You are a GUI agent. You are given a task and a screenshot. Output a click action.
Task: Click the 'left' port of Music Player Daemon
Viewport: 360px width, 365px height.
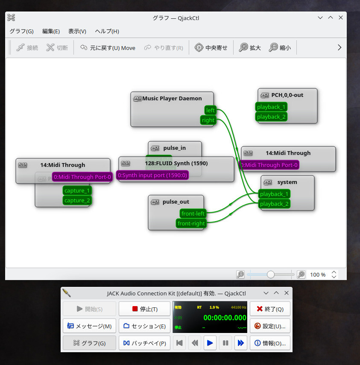210,110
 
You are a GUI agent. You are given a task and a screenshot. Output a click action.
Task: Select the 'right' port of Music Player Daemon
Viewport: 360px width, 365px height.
208,120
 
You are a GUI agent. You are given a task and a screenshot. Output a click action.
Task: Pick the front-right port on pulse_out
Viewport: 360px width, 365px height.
191,223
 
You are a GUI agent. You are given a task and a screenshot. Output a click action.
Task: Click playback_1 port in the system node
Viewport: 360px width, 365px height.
275,194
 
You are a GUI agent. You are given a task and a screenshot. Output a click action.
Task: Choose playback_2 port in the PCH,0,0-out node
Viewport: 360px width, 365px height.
271,117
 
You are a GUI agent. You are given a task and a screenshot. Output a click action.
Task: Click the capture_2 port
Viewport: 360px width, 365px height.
77,200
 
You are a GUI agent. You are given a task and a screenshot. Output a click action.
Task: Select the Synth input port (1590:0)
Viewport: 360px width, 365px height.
152,175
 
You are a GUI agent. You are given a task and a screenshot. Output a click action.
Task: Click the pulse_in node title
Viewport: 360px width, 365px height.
174,148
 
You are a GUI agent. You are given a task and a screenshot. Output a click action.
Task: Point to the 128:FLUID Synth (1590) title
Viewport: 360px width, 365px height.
176,163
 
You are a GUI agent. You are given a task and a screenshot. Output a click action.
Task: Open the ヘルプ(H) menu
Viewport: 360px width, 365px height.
107,31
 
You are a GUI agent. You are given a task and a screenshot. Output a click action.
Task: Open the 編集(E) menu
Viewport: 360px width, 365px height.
51,31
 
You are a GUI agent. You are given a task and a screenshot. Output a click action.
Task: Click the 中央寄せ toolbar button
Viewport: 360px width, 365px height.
211,48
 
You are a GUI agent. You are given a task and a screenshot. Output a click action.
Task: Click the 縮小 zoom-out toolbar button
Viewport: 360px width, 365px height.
280,48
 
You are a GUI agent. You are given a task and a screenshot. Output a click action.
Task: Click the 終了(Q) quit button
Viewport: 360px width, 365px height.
270,309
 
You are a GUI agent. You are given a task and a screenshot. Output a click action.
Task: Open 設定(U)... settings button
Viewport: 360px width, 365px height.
270,326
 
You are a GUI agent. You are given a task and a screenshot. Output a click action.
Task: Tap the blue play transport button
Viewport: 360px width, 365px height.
210,343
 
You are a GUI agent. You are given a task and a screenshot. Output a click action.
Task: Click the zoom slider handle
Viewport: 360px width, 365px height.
271,274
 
